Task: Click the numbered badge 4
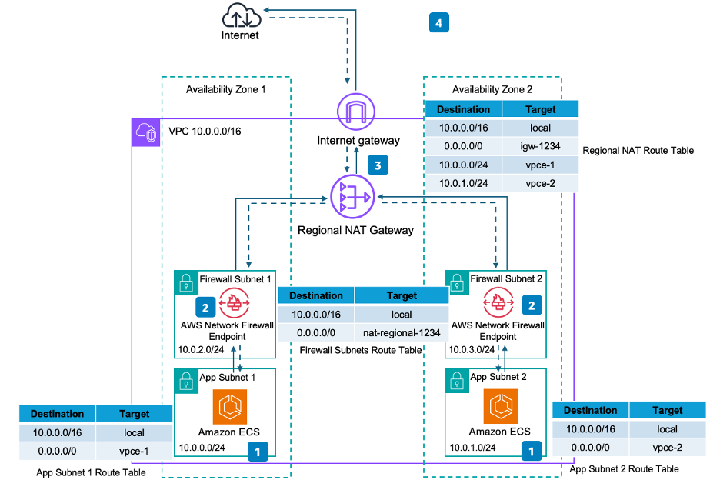[x=438, y=23]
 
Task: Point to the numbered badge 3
[x=377, y=164]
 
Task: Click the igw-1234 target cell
[x=540, y=146]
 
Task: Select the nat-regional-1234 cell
[x=402, y=333]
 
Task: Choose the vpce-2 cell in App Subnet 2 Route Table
[x=667, y=448]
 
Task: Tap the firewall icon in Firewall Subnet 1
[x=235, y=305]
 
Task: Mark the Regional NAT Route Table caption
[x=638, y=151]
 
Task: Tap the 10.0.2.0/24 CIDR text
[x=200, y=350]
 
